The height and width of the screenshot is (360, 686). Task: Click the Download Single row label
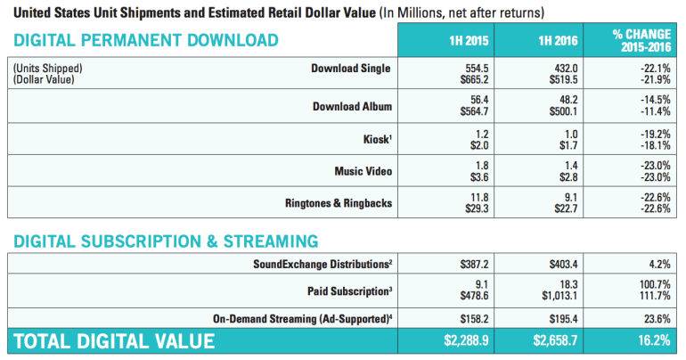[x=351, y=69]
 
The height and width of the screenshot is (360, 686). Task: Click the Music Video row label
[x=363, y=170]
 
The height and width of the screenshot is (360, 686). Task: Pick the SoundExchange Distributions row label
[x=323, y=265]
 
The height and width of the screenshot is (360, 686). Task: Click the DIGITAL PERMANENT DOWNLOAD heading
[x=146, y=40]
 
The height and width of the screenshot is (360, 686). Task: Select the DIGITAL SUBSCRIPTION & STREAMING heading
[x=166, y=241]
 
